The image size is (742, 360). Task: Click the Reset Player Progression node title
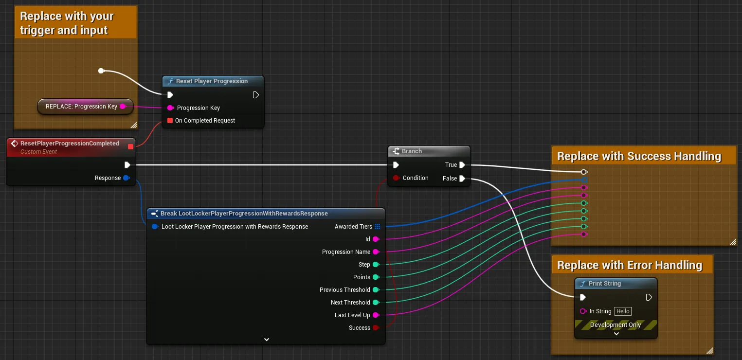pos(212,81)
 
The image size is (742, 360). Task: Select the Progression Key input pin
pos(171,108)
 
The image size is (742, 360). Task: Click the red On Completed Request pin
pos(170,121)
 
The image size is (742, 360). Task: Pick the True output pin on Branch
pos(462,165)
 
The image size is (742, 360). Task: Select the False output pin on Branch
pos(462,179)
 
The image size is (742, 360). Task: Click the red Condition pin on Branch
pos(396,178)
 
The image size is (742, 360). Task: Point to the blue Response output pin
pos(127,178)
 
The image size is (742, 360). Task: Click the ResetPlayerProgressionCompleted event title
pos(70,144)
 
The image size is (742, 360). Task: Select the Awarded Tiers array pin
pos(377,227)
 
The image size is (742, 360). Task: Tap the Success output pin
pos(376,327)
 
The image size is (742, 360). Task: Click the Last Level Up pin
pos(376,315)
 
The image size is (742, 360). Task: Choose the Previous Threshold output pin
pos(376,290)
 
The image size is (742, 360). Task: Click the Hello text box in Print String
pos(623,311)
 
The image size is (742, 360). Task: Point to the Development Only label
pos(615,325)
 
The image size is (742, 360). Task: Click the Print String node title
pos(604,284)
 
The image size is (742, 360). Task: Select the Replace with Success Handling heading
pos(639,156)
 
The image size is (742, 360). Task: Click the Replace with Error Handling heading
pos(630,265)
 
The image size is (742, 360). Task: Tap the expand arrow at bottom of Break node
pos(267,340)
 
